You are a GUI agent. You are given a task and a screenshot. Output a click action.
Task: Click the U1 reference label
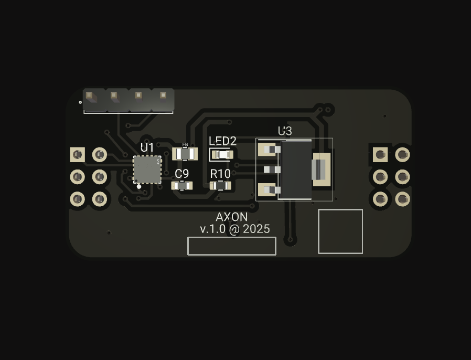pyautogui.click(x=147, y=147)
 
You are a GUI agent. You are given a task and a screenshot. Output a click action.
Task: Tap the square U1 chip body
pyautogui.click(x=147, y=170)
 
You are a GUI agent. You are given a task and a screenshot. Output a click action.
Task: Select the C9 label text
pyautogui.click(x=181, y=174)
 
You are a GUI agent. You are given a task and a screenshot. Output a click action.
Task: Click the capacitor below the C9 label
pyautogui.click(x=181, y=186)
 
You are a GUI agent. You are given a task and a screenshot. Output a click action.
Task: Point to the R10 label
pyautogui.click(x=220, y=174)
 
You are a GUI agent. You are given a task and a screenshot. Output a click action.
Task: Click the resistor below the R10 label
pyautogui.click(x=220, y=186)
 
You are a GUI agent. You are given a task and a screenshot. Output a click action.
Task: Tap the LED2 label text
pyautogui.click(x=222, y=141)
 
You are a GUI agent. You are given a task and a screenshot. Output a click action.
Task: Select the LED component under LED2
pyautogui.click(x=222, y=155)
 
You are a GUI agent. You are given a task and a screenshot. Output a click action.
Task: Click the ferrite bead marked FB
pyautogui.click(x=185, y=154)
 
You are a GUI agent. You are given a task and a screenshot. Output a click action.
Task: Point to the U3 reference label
pyautogui.click(x=285, y=131)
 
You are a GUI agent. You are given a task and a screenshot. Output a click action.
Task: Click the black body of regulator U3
pyautogui.click(x=295, y=170)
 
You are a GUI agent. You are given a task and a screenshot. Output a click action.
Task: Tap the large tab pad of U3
pyautogui.click(x=322, y=170)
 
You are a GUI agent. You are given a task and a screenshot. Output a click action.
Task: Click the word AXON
pyautogui.click(x=232, y=217)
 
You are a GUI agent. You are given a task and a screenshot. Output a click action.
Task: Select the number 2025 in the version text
pyautogui.click(x=256, y=229)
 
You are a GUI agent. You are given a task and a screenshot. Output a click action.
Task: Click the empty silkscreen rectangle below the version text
pyautogui.click(x=232, y=246)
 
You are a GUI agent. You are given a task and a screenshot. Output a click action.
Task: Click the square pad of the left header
pyautogui.click(x=78, y=155)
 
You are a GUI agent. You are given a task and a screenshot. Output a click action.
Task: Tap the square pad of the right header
pyautogui.click(x=380, y=155)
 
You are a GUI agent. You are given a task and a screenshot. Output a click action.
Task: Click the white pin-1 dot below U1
pyautogui.click(x=139, y=187)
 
